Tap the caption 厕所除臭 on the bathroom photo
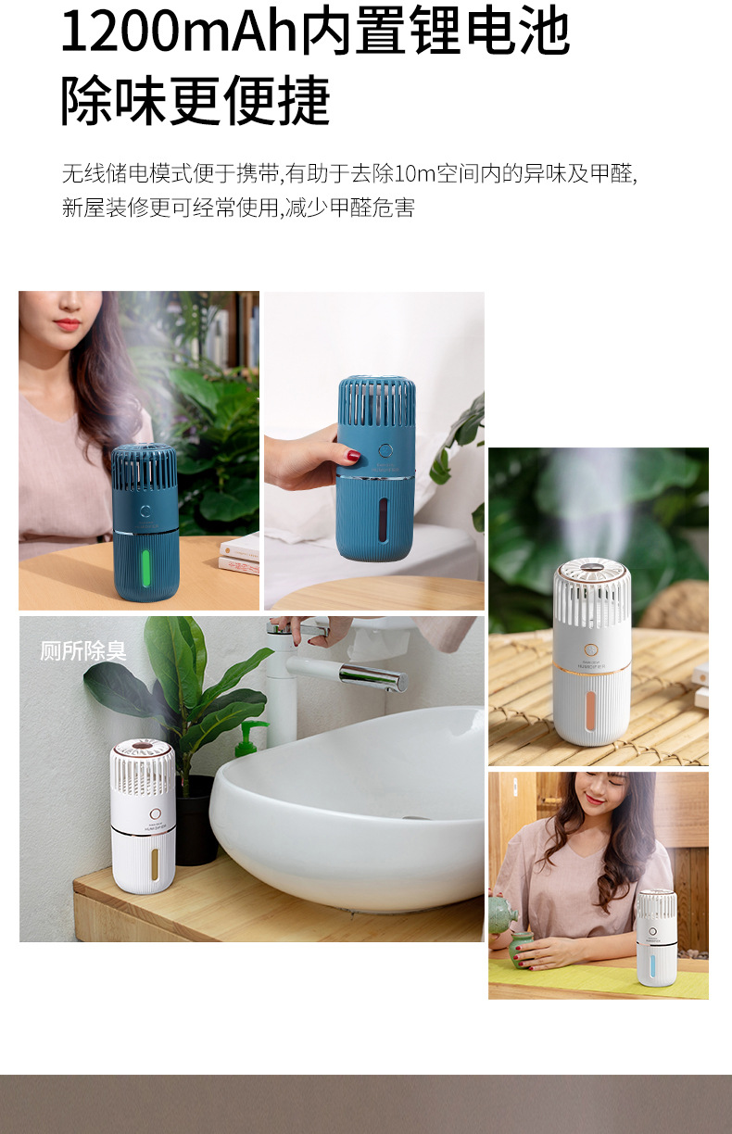click(x=83, y=650)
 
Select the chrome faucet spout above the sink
click(x=371, y=676)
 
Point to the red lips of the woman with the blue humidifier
click(x=67, y=325)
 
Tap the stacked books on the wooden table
click(x=239, y=554)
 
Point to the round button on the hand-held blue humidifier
click(x=385, y=451)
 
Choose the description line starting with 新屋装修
click(x=238, y=208)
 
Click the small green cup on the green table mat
click(x=522, y=950)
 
